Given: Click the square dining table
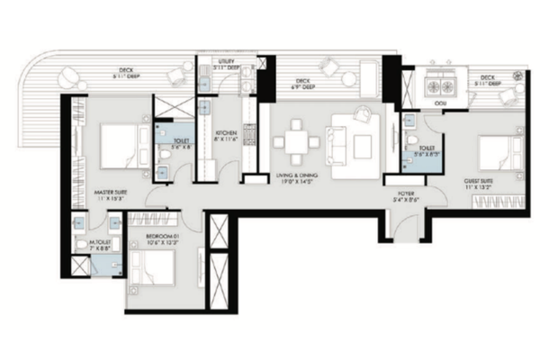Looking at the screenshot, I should point(292,143).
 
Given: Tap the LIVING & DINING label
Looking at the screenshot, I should point(296,177).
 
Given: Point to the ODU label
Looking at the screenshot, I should point(441,104).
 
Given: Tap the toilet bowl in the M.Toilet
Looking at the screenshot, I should point(83,244).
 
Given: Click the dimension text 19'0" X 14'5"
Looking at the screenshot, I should point(296,185).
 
